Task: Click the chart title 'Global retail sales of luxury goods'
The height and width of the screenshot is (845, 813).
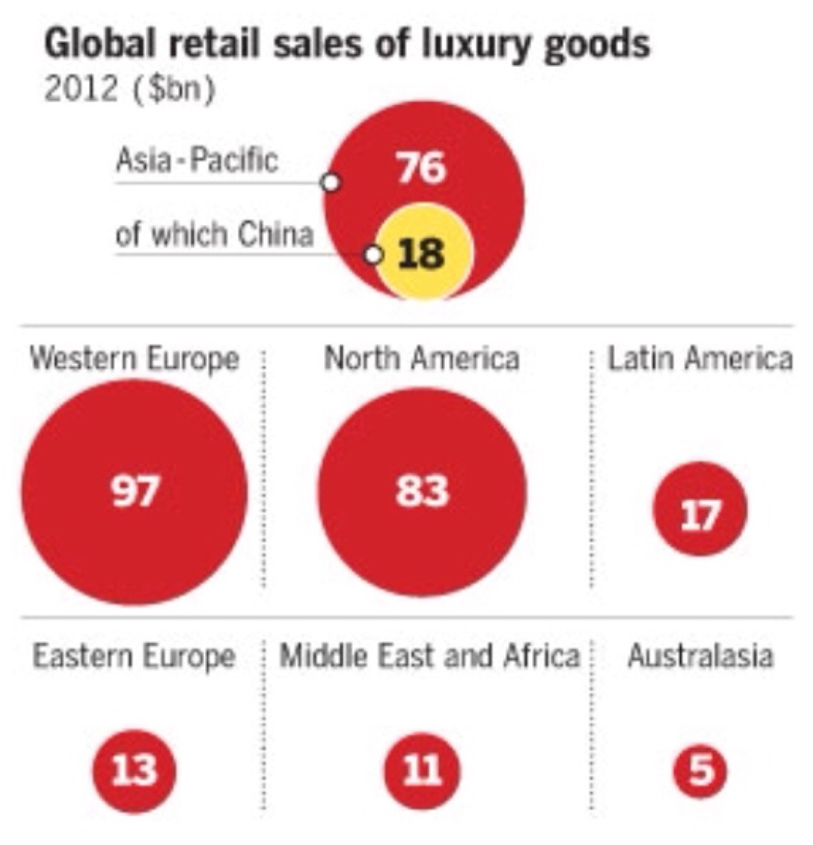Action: click(346, 45)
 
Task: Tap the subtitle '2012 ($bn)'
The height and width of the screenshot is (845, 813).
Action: click(129, 90)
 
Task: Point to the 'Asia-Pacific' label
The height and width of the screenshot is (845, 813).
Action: click(197, 160)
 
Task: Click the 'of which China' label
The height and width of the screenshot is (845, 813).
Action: click(215, 234)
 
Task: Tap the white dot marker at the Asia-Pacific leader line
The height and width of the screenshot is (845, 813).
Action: click(331, 182)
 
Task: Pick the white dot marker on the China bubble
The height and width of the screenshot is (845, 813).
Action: click(373, 255)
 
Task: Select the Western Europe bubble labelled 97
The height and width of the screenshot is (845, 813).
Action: click(135, 491)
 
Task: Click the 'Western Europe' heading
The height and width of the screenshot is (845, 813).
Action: click(135, 359)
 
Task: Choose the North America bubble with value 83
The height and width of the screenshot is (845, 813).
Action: click(422, 491)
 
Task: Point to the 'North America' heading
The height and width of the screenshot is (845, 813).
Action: click(422, 359)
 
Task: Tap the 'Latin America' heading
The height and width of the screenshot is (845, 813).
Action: click(699, 359)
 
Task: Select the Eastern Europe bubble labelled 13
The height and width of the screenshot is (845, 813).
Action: click(135, 768)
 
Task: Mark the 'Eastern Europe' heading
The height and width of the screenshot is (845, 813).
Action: click(135, 656)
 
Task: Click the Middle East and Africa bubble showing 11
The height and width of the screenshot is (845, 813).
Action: click(422, 768)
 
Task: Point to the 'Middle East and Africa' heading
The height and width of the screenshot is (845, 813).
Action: click(430, 656)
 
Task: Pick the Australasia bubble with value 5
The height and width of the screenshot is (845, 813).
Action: click(699, 768)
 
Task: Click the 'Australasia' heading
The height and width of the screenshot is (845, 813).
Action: click(699, 656)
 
